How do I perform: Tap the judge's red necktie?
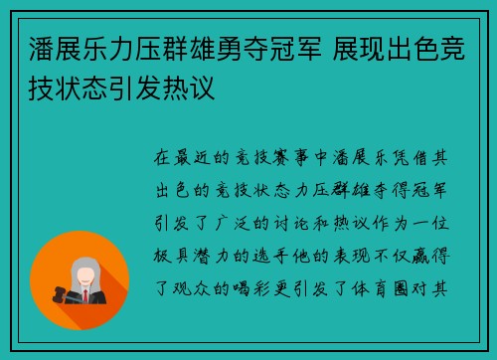pos(85,296)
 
